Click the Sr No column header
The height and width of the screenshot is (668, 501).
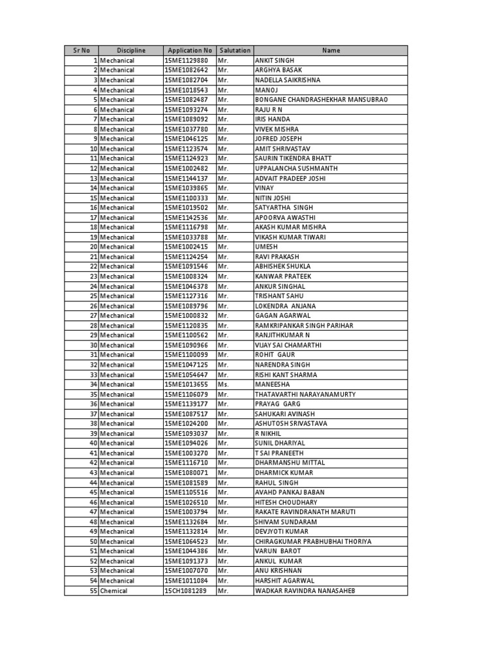[81, 50]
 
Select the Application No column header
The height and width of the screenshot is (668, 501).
[190, 50]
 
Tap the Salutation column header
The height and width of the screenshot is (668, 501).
[235, 50]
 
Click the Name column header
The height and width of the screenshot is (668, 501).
[331, 50]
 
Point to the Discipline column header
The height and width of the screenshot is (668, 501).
[131, 50]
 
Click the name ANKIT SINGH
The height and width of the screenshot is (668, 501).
[275, 60]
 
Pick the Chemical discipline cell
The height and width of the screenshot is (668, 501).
[114, 590]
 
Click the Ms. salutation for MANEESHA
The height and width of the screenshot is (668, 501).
[223, 384]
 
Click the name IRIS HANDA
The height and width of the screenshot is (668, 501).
[273, 119]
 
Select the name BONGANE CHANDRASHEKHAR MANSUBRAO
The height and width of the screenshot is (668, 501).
[321, 99]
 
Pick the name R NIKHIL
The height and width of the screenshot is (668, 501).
[269, 433]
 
